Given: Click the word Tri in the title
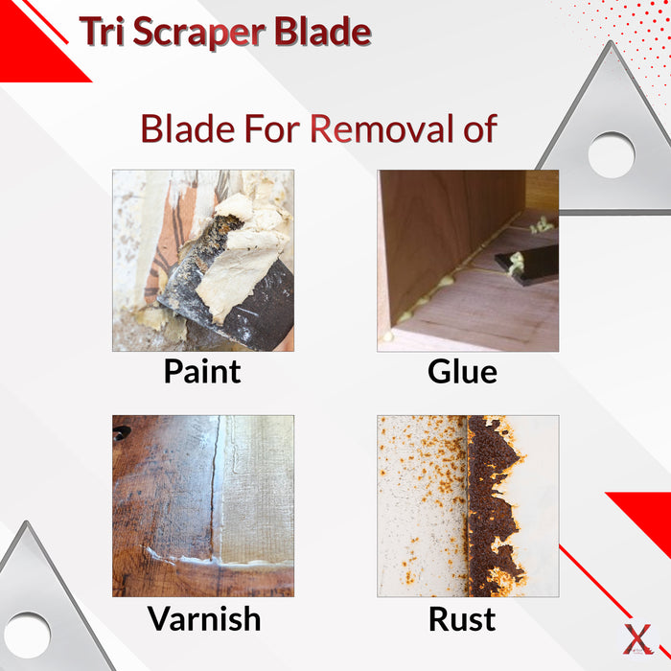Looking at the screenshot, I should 102,32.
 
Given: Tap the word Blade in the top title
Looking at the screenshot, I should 322,32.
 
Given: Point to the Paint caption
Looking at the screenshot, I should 202,371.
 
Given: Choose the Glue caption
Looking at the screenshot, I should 462,371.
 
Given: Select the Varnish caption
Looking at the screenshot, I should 203,618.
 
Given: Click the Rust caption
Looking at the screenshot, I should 462,618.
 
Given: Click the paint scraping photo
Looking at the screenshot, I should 203,261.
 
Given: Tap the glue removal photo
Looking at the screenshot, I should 468,261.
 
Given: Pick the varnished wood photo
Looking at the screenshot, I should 203,506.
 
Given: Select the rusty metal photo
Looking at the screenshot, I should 468,506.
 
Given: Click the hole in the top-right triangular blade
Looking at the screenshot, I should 611,154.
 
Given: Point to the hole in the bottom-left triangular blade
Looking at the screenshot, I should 26,636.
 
